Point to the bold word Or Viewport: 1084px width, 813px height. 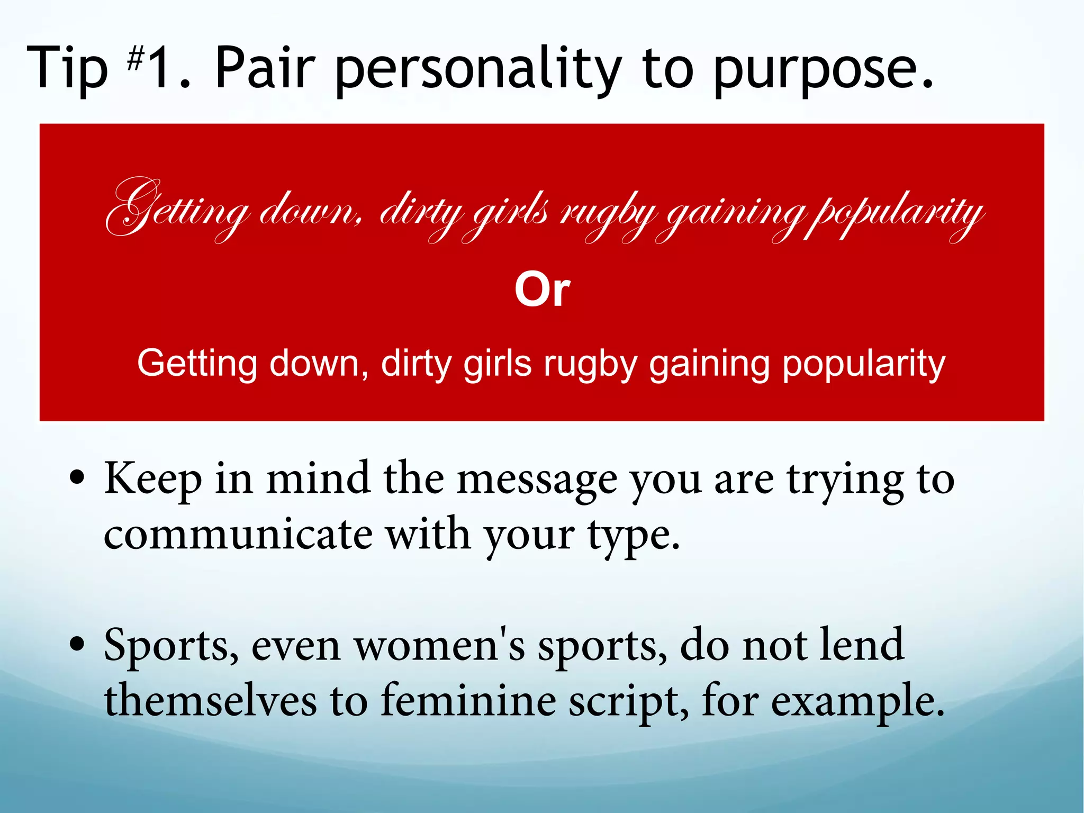tap(542, 290)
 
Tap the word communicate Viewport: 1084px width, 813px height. tap(238, 535)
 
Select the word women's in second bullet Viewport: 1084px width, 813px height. tap(439, 646)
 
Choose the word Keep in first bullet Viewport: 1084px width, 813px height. tap(153, 479)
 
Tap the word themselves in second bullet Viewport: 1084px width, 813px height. tap(210, 701)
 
